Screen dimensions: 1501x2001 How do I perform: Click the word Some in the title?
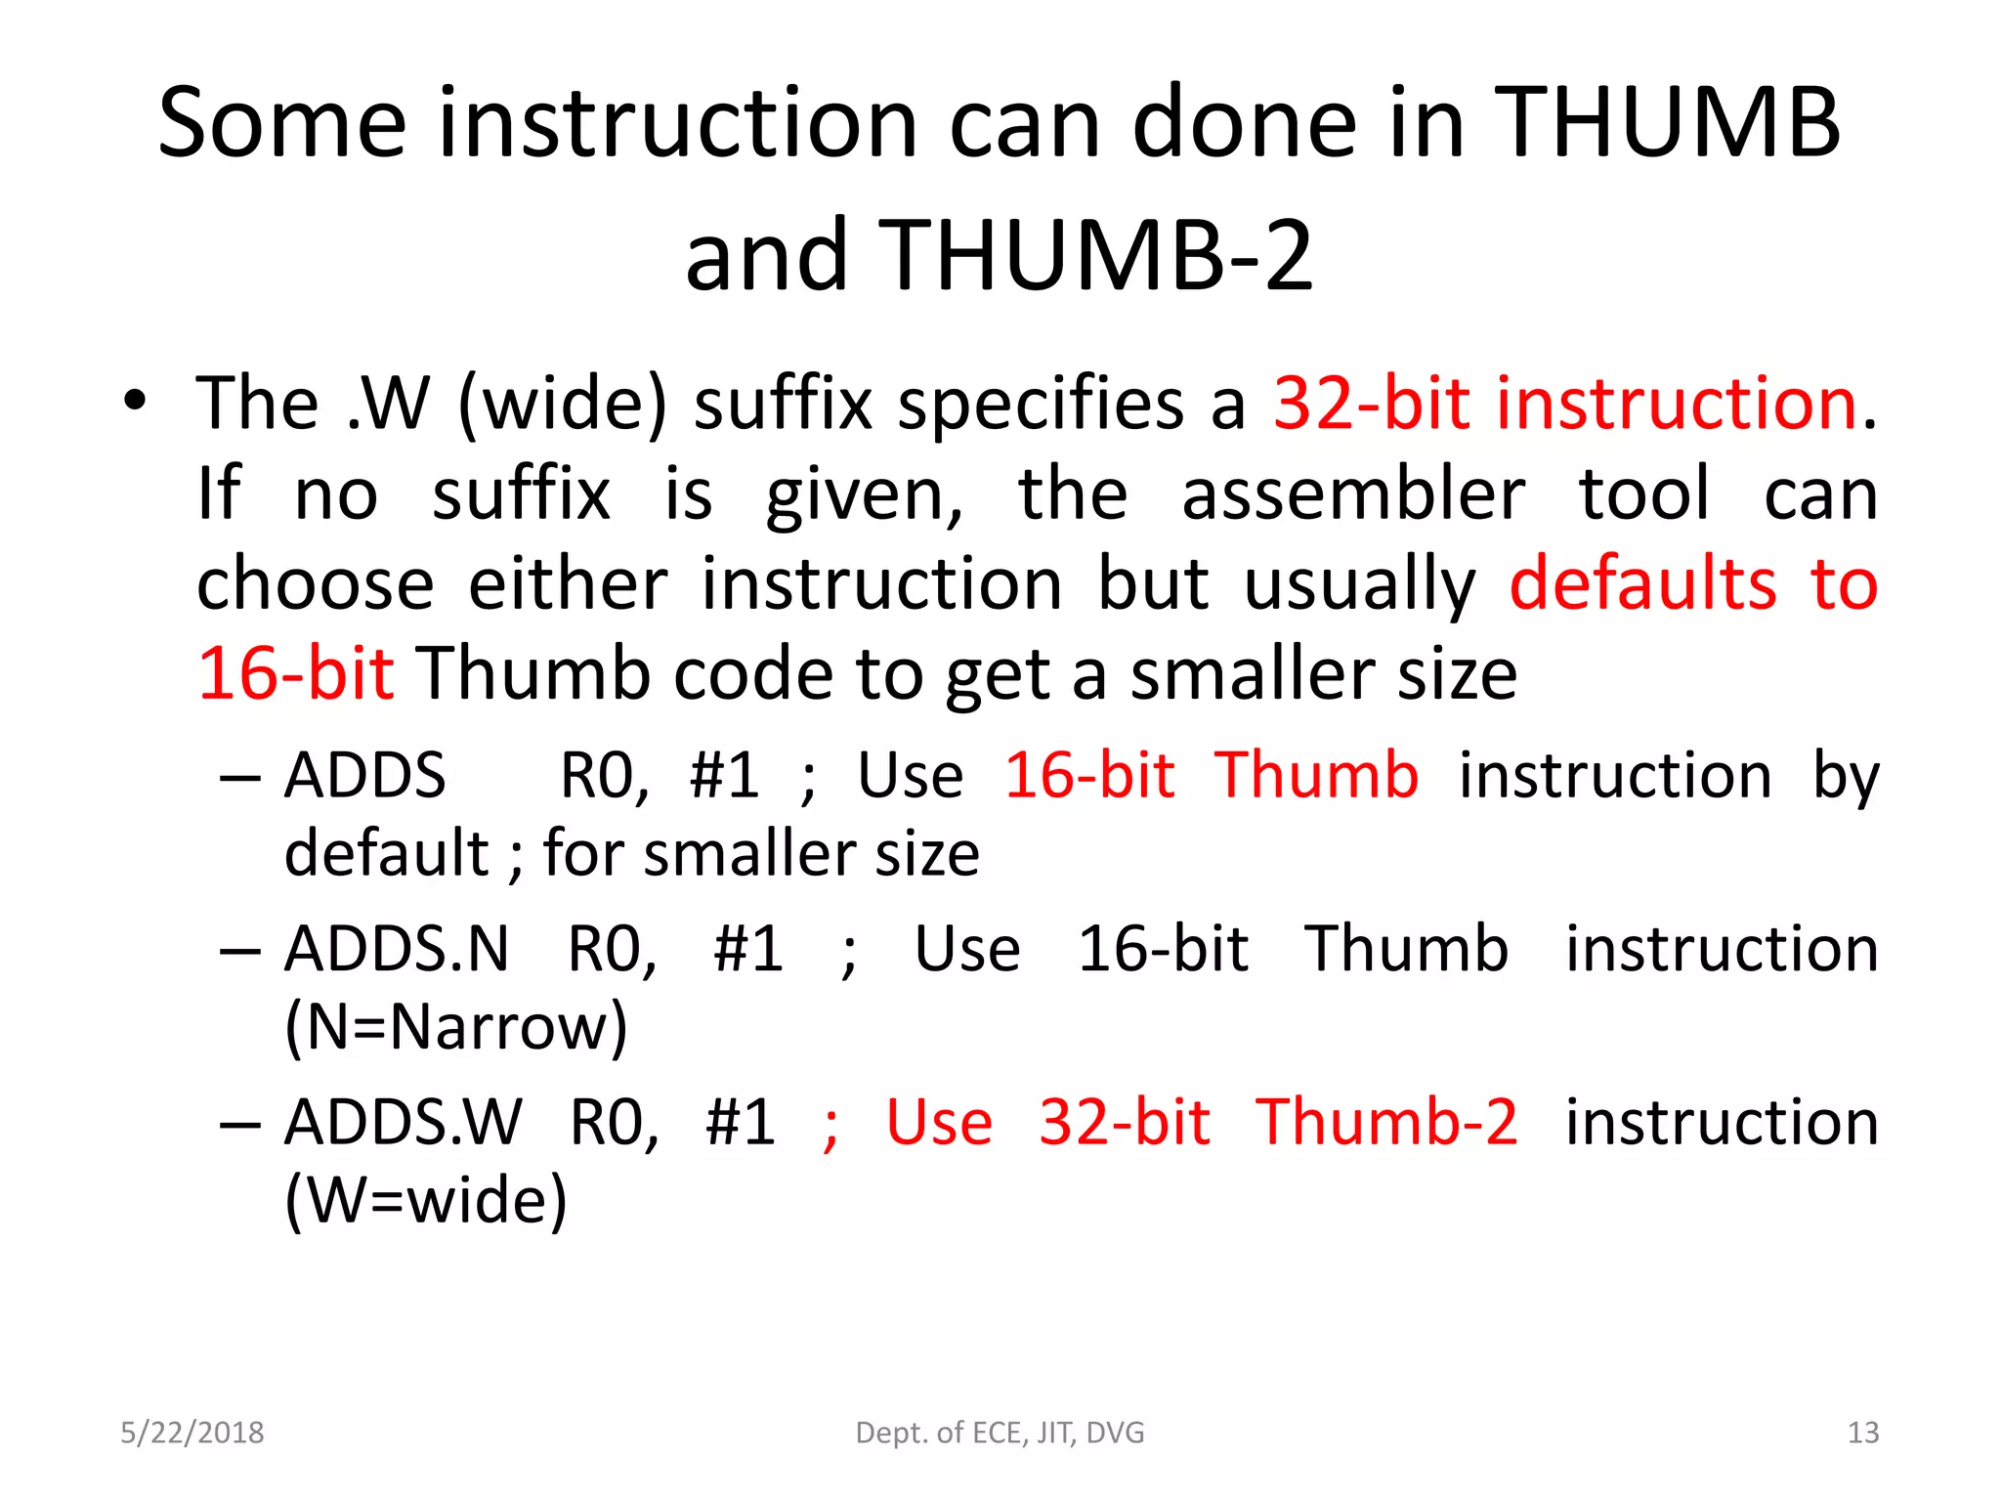(x=281, y=123)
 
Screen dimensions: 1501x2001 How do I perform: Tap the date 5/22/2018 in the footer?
(x=192, y=1433)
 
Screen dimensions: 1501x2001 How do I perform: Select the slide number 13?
(x=1862, y=1433)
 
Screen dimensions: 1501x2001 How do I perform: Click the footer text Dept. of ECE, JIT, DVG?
(x=1000, y=1433)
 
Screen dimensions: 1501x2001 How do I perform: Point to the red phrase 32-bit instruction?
(x=1564, y=404)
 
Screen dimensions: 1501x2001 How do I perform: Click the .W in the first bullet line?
(x=390, y=404)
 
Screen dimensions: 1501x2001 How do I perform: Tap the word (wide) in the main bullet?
(x=563, y=404)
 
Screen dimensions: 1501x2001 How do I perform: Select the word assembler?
(x=1353, y=494)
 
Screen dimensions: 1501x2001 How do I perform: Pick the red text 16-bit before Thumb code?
(x=296, y=674)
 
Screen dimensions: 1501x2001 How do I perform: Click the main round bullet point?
(x=135, y=401)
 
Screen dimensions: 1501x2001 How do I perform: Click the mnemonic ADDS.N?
(x=397, y=949)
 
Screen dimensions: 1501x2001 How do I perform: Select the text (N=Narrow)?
(x=456, y=1027)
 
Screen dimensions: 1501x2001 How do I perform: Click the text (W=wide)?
(x=426, y=1200)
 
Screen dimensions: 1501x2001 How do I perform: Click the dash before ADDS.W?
(x=240, y=1125)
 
